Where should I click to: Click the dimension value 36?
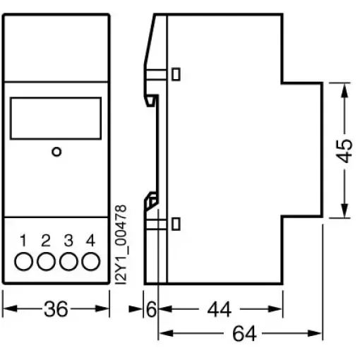coord(56,308)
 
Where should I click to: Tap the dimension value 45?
coord(344,151)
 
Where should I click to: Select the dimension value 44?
coord(220,309)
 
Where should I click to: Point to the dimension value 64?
coord(244,333)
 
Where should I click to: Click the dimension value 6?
coord(151,308)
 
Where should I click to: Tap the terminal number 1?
coord(23,240)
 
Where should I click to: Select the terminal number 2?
coord(46,240)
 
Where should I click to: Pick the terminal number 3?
coord(68,240)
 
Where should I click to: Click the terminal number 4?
coord(90,240)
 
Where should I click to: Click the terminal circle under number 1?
coord(24,261)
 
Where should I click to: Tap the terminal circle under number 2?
coord(46,261)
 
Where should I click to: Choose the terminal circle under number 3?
coord(68,261)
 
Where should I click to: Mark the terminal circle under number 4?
coord(91,261)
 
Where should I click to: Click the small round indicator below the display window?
coord(56,152)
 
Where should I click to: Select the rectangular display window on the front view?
coord(56,119)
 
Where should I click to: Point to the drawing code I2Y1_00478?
coord(121,244)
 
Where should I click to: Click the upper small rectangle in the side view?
coord(176,74)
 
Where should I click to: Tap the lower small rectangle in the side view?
coord(176,224)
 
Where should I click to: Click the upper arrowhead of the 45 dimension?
coord(344,90)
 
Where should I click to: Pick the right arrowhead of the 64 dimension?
coord(314,333)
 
